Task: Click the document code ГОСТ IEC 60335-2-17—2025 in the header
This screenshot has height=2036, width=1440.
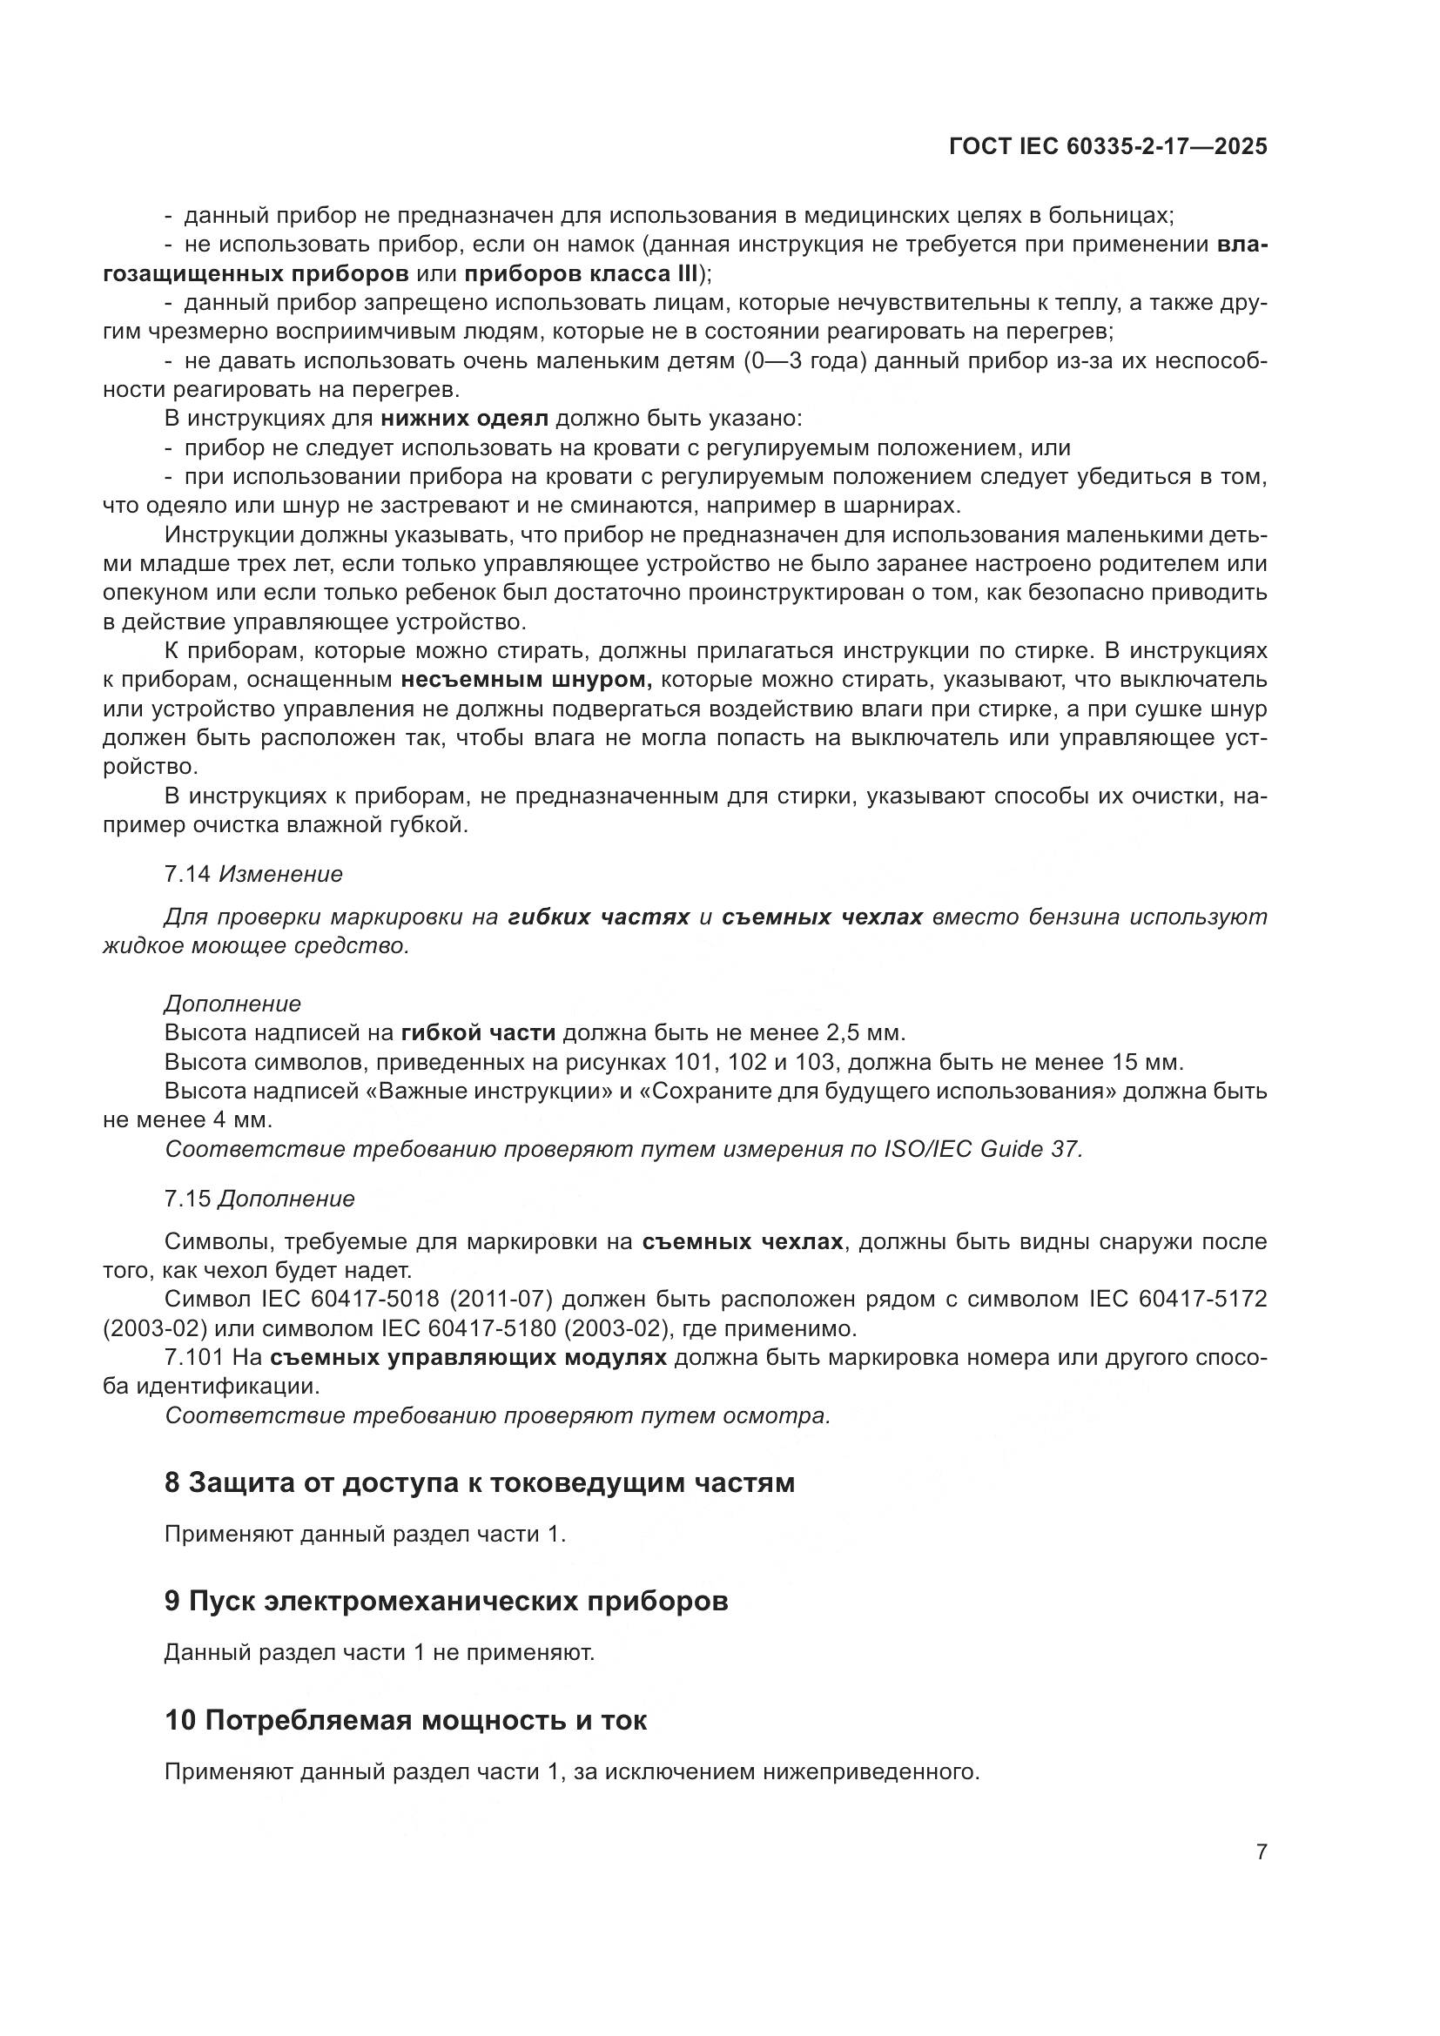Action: (1107, 146)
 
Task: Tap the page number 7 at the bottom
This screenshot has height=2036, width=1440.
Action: (1261, 1851)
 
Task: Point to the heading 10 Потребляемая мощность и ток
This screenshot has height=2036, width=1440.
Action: (405, 1720)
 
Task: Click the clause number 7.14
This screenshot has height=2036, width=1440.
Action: (187, 874)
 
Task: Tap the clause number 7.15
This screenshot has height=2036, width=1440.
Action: (187, 1199)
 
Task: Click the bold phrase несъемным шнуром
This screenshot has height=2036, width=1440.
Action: (527, 680)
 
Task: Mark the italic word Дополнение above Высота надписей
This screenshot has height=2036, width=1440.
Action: (232, 1004)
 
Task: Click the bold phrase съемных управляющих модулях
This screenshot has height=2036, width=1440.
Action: (468, 1358)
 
